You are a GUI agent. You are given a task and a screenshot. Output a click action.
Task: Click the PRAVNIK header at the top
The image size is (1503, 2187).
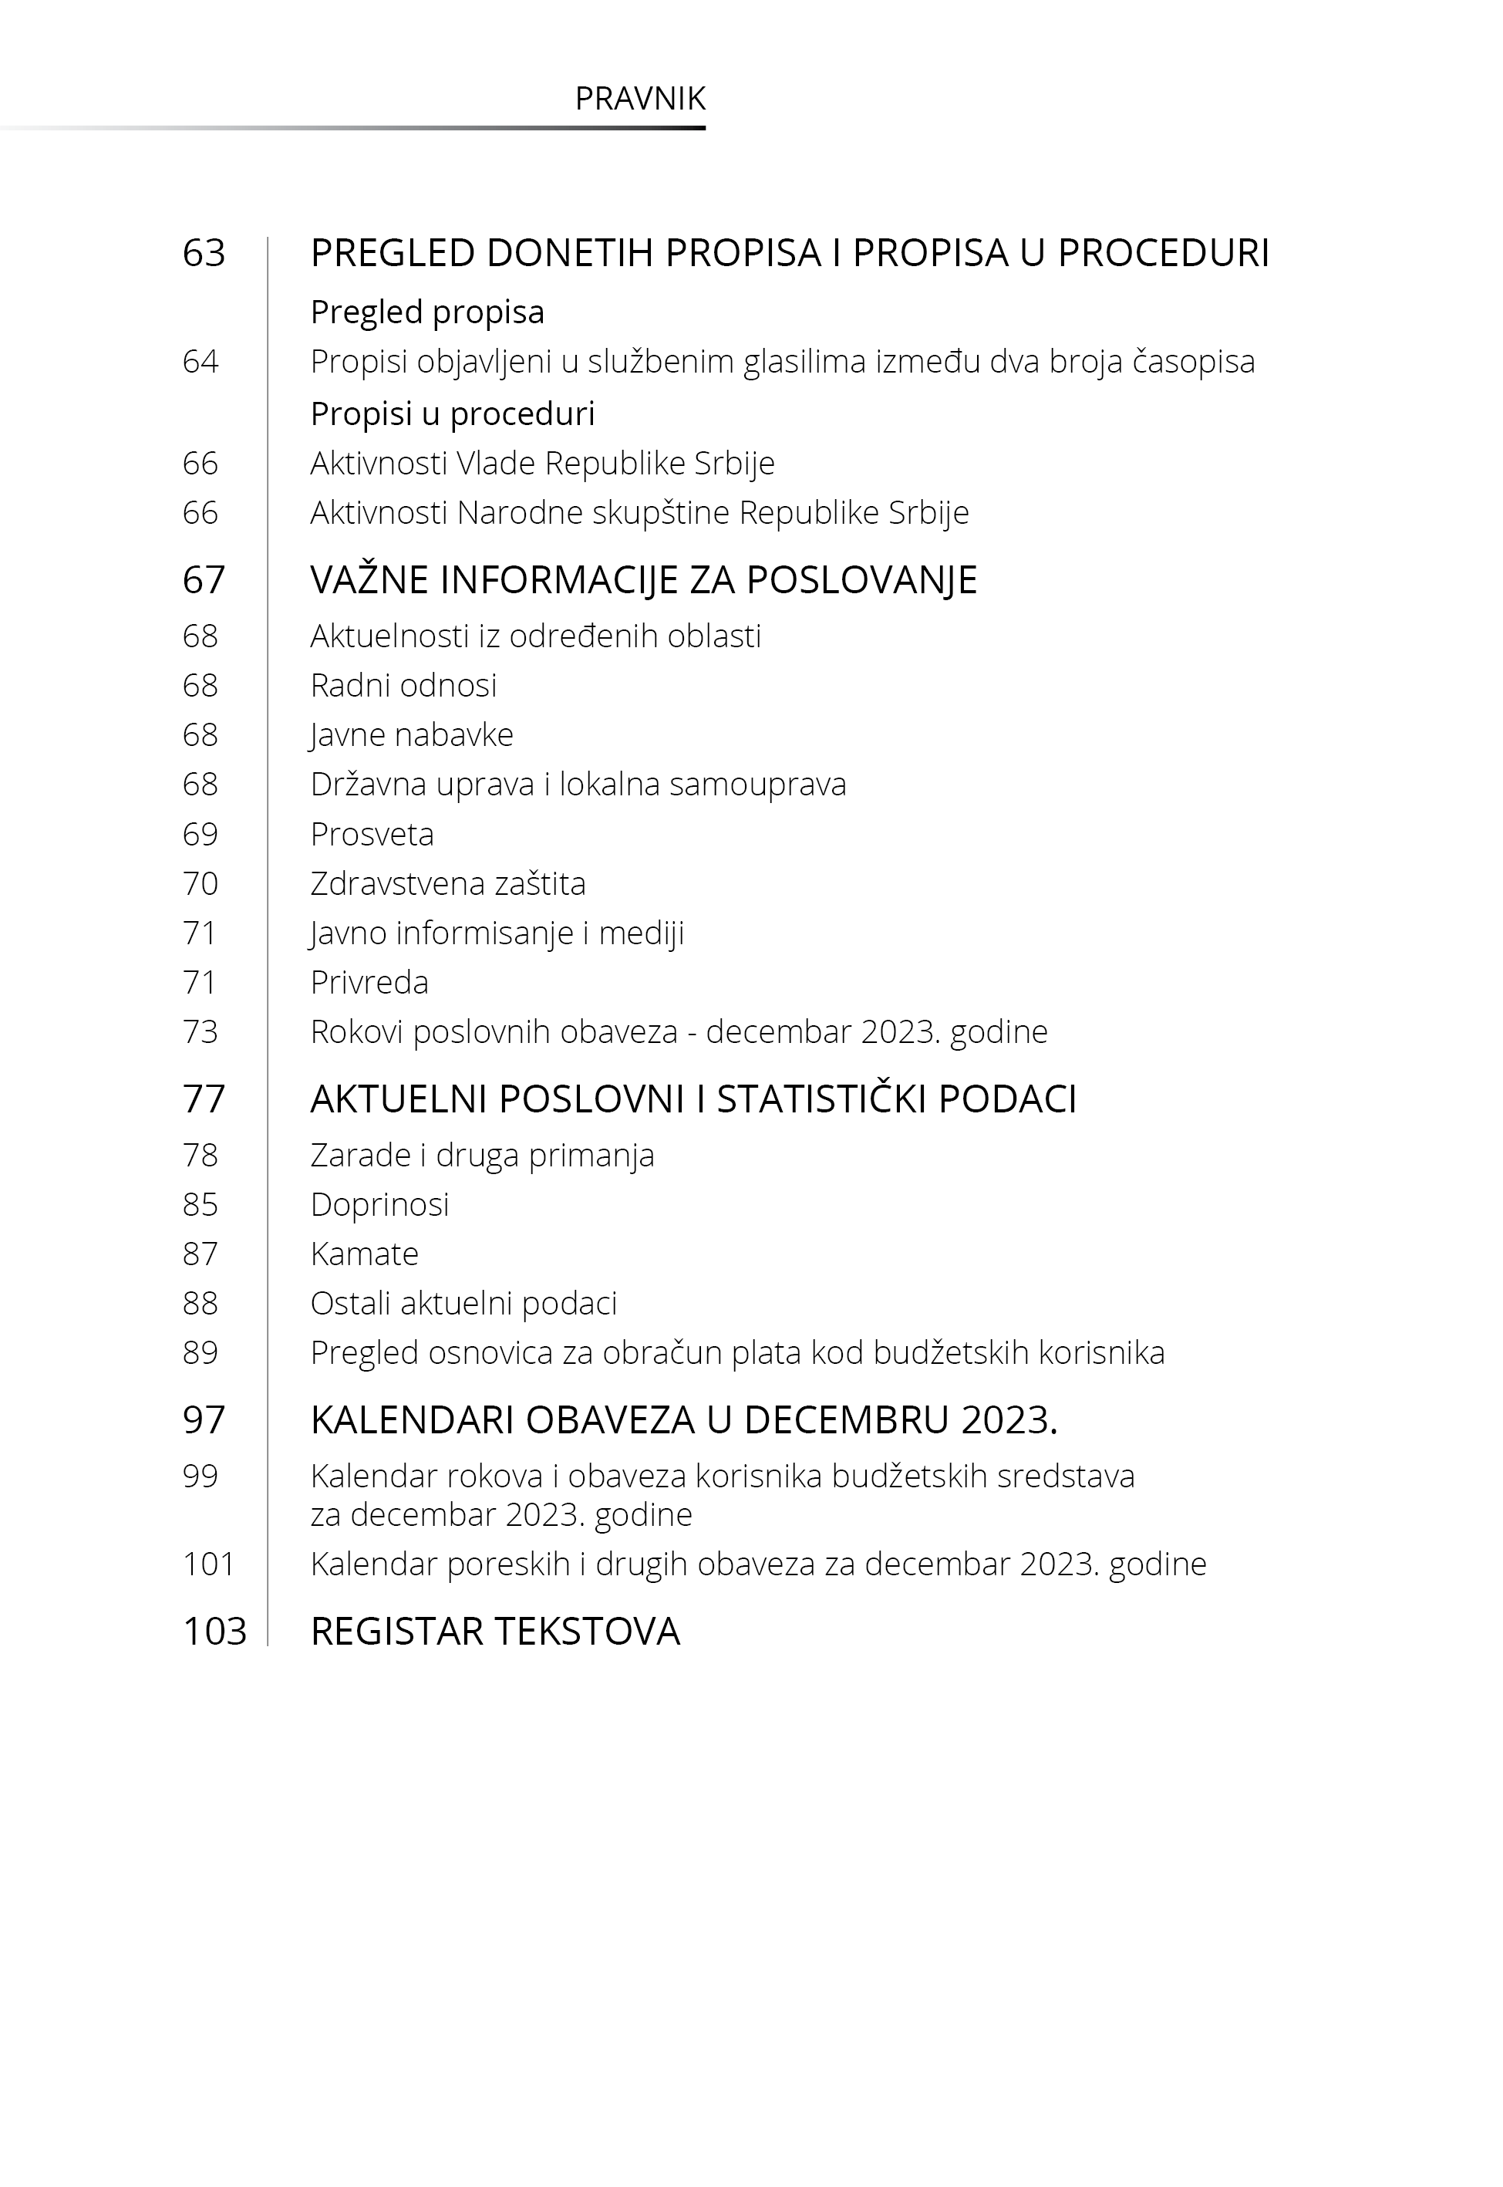[639, 99]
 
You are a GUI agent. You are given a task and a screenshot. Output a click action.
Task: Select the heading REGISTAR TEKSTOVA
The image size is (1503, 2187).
[494, 1632]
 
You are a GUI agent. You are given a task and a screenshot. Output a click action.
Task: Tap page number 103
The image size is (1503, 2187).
[214, 1632]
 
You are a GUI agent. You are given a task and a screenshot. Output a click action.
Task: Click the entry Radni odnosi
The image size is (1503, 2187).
[403, 685]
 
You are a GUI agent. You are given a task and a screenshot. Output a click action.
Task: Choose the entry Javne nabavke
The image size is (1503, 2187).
[412, 734]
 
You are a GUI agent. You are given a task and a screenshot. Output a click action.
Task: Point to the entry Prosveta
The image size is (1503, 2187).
[372, 834]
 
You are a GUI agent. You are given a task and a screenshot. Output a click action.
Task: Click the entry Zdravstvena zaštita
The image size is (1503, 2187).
[447, 883]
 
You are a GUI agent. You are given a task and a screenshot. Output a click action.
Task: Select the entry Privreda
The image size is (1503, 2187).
[369, 982]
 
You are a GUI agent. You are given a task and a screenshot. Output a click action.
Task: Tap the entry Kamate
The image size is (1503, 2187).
[365, 1254]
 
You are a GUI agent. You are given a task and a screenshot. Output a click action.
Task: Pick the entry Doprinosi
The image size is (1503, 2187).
[379, 1205]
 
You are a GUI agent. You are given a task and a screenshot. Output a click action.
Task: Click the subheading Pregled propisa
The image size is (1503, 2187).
[427, 312]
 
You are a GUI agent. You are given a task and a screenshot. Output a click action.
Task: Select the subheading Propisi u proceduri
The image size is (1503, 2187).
[452, 413]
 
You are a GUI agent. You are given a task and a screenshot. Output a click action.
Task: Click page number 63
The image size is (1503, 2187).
[204, 253]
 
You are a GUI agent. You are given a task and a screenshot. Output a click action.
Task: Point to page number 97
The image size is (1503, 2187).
[204, 1420]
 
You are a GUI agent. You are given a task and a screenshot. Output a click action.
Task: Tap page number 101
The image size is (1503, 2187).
[208, 1564]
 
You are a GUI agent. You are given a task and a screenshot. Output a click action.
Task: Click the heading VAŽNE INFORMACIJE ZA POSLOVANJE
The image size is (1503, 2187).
[643, 580]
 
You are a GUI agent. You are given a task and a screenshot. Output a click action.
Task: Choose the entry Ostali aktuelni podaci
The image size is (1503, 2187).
[463, 1304]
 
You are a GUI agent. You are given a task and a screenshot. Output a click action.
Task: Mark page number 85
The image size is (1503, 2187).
[200, 1205]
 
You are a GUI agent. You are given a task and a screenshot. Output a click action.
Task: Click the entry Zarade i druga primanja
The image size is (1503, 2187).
[482, 1155]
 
